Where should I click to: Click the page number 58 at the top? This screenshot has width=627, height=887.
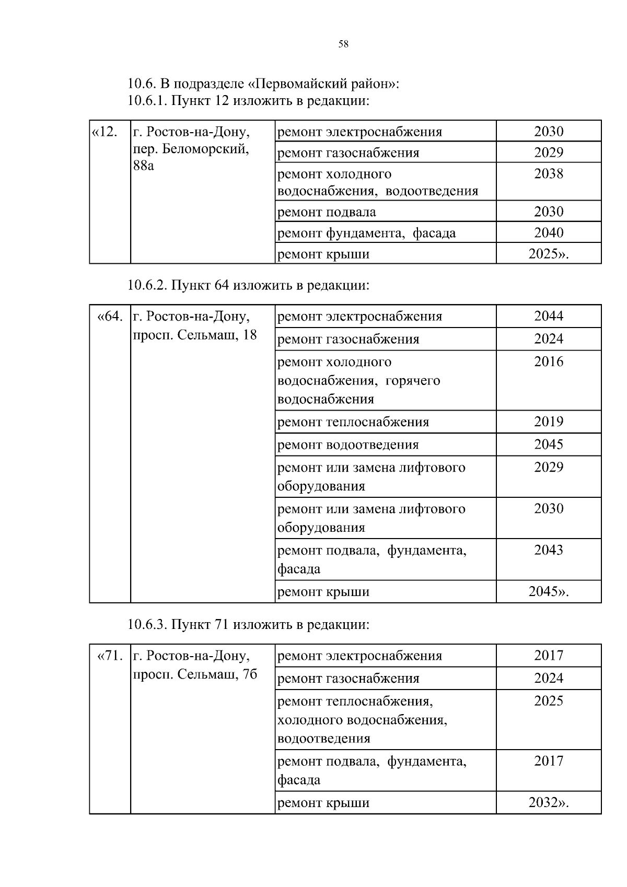pos(343,44)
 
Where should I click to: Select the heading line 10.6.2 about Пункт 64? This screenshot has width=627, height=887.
pos(248,285)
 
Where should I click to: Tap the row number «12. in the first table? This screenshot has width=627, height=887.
pos(104,132)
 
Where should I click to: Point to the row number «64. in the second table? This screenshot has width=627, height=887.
pos(110,317)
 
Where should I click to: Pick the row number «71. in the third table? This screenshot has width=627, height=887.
pos(110,656)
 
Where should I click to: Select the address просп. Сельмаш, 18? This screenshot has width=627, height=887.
pos(195,335)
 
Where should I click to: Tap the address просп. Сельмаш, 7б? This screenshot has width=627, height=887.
pos(195,674)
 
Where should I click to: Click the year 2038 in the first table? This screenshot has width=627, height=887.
pos(549,173)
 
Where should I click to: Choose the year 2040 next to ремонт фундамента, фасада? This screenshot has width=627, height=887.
pos(549,232)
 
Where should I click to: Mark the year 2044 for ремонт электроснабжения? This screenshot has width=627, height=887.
pos(549,316)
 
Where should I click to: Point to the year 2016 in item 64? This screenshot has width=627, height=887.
pos(549,361)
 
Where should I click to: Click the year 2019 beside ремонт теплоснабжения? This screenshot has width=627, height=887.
pos(549,422)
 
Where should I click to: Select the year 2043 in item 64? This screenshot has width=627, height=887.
pos(549,550)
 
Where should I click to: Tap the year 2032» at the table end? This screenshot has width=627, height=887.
pos(549,802)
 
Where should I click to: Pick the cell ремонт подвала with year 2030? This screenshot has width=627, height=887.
pos(327,212)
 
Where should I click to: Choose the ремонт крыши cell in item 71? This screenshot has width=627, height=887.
pos(323,803)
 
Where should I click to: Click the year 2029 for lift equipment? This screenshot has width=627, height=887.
pos(549,467)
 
